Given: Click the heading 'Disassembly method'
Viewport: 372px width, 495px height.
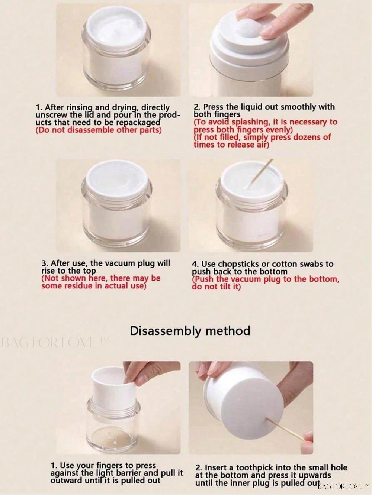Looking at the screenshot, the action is click(x=190, y=331).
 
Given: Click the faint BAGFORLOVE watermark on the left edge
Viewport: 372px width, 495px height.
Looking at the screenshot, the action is click(x=54, y=343).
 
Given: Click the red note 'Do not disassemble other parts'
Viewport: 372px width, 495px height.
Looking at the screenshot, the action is click(x=99, y=130).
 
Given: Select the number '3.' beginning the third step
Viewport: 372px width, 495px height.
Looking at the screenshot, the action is click(x=45, y=263).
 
